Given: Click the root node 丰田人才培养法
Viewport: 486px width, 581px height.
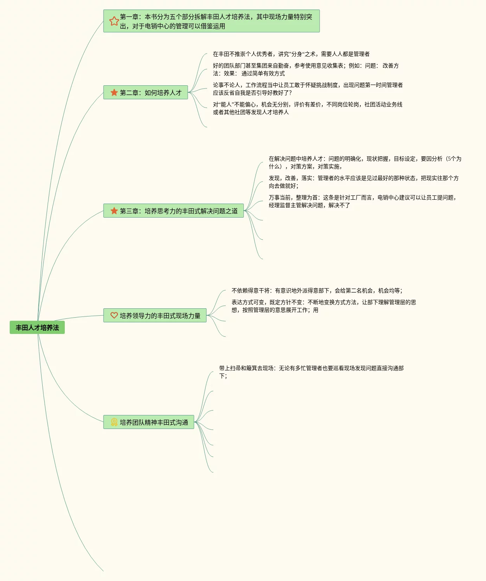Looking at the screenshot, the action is click(37, 328).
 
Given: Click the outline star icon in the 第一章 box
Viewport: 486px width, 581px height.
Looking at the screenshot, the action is click(114, 21).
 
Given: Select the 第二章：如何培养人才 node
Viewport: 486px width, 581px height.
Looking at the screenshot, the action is click(150, 93).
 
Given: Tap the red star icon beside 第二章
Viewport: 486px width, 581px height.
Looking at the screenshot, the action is click(114, 93).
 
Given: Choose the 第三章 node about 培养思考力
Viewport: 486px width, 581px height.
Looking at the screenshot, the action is click(178, 211).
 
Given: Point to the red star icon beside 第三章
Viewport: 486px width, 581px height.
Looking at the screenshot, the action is click(114, 211).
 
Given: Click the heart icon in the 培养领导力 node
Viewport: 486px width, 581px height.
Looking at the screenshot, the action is click(114, 315).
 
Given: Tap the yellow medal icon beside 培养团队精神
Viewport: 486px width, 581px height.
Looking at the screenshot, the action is click(114, 422).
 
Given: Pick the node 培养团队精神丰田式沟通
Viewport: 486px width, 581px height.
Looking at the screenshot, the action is click(154, 422).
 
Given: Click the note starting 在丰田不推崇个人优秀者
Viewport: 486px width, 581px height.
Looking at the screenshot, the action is click(291, 54).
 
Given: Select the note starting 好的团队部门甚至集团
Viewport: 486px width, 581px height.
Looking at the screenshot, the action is click(306, 69).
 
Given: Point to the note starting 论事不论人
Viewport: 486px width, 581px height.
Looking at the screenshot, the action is click(308, 89).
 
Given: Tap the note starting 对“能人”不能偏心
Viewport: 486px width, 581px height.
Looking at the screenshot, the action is click(308, 108).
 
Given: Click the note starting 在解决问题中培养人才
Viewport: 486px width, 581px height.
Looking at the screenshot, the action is click(365, 163).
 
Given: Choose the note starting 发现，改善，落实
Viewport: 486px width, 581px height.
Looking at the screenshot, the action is click(363, 182).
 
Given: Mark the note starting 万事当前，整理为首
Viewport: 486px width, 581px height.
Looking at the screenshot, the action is click(363, 201).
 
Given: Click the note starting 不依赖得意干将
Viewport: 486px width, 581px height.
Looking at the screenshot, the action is click(317, 290).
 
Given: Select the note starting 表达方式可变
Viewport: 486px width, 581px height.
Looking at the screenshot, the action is click(323, 306).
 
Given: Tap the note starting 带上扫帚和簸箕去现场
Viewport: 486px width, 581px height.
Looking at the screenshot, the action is click(311, 372).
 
